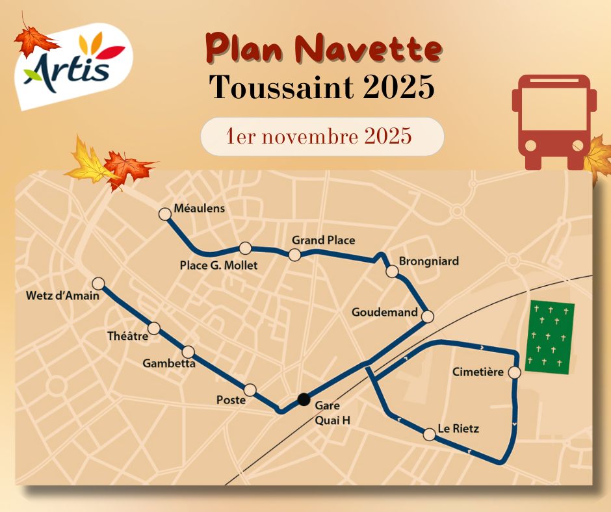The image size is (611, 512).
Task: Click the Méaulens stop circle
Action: coord(164,213)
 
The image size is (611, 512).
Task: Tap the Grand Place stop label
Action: coord(323,240)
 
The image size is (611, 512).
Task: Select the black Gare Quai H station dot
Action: coord(303,399)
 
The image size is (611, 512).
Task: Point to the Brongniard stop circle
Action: coord(391,272)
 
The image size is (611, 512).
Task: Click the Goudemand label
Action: coord(384,313)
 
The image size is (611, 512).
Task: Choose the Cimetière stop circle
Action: coord(514,373)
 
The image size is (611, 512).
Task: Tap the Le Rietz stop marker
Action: coord(429,435)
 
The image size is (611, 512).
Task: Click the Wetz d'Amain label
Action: coord(62,296)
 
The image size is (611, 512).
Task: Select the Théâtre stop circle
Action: coord(154,328)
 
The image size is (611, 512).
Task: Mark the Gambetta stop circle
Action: coord(188,352)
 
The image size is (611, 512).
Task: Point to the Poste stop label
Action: coord(231,400)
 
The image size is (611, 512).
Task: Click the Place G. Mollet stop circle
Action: coord(245,248)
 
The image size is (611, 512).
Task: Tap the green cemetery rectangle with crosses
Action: coord(550,338)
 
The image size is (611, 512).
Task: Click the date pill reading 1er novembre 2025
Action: coord(322,136)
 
